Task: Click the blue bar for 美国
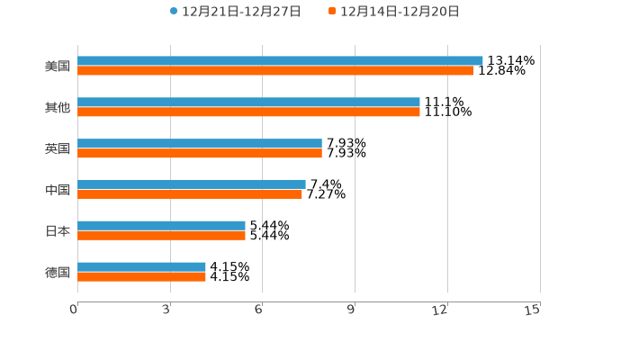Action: pos(280,60)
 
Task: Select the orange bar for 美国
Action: pos(274,70)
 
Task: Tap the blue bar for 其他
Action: pos(248,102)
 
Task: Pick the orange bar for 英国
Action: pos(200,153)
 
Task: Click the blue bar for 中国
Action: pos(192,184)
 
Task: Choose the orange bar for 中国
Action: pos(190,193)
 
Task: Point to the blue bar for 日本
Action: pos(161,225)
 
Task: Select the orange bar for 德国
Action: pos(141,276)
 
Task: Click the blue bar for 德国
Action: pos(141,266)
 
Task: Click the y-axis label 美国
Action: pos(58,66)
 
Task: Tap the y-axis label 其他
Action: pos(58,107)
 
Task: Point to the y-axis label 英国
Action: pos(58,148)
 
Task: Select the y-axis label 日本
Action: pos(58,230)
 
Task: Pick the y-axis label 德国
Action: pos(58,272)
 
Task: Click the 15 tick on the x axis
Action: pos(533,310)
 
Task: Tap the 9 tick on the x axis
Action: pos(352,310)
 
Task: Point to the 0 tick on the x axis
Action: pos(75,310)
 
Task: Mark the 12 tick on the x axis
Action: pos(440,310)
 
